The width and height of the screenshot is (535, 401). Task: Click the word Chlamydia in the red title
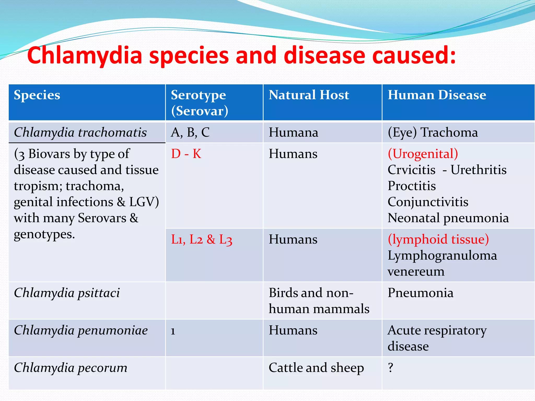click(85, 56)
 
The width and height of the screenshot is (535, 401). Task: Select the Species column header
click(37, 95)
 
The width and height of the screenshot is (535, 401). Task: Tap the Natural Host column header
click(309, 95)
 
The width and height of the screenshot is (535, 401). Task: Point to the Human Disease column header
click(437, 95)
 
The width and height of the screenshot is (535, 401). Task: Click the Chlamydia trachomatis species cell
click(80, 132)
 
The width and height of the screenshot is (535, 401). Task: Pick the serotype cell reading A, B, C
click(190, 132)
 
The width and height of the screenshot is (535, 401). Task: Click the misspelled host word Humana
click(293, 132)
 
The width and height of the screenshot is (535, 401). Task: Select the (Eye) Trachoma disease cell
click(433, 132)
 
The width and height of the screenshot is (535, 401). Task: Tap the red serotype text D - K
click(186, 154)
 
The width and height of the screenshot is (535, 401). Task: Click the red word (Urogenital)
click(423, 154)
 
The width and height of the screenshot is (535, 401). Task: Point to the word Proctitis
click(412, 186)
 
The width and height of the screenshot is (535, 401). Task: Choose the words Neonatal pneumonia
click(448, 218)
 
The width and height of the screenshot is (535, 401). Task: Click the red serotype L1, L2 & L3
click(201, 239)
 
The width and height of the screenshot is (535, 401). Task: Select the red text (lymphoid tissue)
click(438, 239)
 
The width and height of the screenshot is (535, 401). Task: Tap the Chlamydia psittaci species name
click(67, 293)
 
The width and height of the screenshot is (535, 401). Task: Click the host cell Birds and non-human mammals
click(319, 301)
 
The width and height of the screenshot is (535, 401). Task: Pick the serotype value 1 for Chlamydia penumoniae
click(173, 331)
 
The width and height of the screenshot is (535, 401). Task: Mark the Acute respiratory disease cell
click(437, 338)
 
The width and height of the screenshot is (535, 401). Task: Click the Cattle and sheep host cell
click(316, 368)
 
